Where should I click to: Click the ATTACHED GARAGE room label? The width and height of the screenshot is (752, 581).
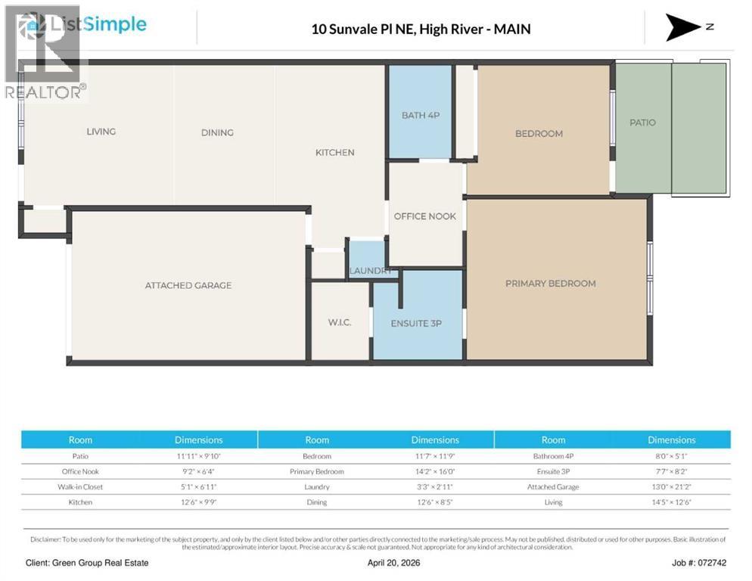(188, 285)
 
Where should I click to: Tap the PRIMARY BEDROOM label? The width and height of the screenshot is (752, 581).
(550, 284)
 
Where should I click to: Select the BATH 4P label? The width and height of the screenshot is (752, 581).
(420, 116)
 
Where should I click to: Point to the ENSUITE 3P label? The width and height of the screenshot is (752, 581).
(416, 323)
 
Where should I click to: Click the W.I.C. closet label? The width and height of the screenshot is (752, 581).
(339, 322)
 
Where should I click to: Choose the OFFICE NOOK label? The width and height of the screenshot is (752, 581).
(424, 216)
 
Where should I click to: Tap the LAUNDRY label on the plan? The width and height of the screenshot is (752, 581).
(370, 271)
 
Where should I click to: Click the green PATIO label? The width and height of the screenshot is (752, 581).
(642, 123)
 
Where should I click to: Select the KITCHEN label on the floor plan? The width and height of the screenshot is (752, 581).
(334, 153)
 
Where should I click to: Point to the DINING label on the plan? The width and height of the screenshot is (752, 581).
(217, 132)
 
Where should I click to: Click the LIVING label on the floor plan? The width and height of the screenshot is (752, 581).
(101, 132)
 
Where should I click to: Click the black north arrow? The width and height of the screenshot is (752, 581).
(684, 27)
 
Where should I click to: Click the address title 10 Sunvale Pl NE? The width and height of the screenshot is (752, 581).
(421, 30)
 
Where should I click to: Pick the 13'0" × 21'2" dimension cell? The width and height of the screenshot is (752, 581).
(671, 486)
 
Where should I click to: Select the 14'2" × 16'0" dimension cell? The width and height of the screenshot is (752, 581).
(435, 471)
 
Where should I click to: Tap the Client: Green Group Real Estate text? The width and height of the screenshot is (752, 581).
(87, 563)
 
